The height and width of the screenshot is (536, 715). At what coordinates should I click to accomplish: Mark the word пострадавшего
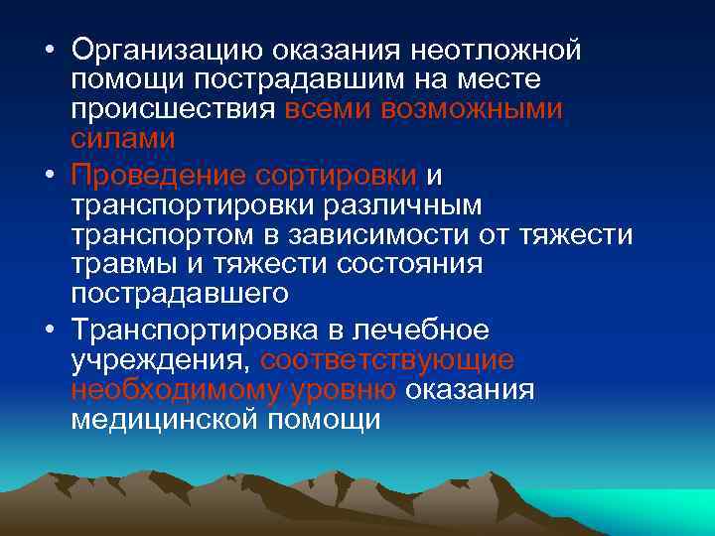180,294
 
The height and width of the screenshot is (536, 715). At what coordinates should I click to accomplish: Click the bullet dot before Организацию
48,50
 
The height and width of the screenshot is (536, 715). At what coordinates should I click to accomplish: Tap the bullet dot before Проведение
48,177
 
